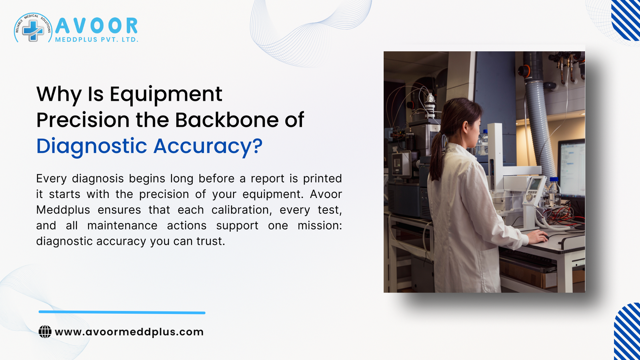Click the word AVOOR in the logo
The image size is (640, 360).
click(96, 26)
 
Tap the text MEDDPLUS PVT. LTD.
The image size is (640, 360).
click(96, 40)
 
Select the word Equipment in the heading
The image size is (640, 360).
click(166, 95)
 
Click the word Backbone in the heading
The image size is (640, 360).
click(227, 120)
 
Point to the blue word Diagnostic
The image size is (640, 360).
click(92, 146)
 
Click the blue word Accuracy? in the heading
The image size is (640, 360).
click(208, 146)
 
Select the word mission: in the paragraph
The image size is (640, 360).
click(320, 226)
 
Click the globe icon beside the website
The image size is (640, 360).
click(45, 332)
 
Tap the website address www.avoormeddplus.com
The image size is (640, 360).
click(129, 332)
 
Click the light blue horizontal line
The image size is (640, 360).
click(122, 312)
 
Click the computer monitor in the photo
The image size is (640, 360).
click(571, 168)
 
